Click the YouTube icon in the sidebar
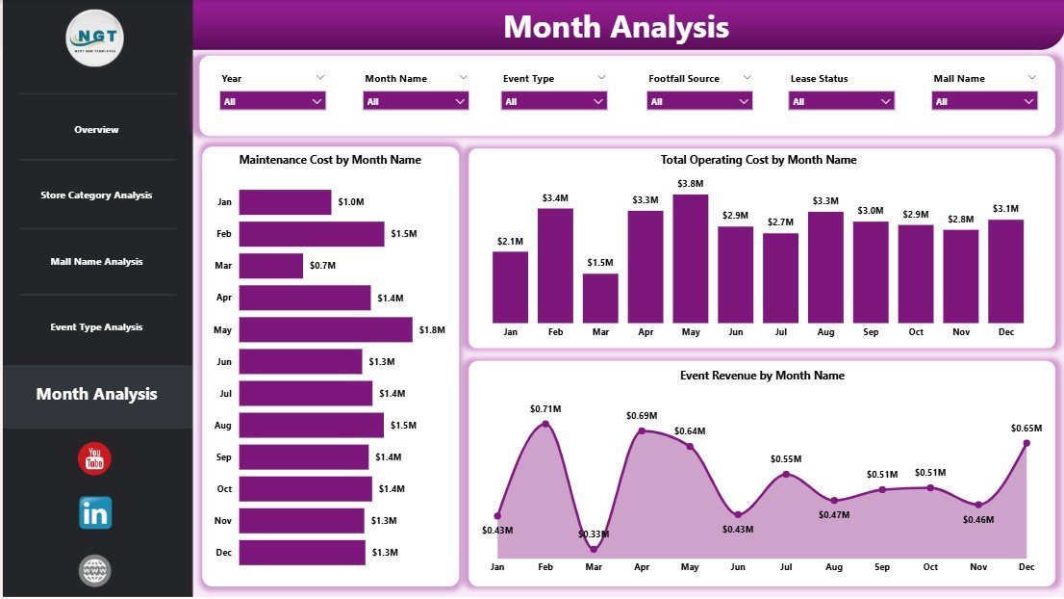point(94,459)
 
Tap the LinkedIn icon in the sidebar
point(95,513)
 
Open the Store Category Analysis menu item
point(96,195)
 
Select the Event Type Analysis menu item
point(96,327)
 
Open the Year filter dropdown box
point(272,101)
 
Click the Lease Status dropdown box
point(842,101)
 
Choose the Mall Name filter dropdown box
point(984,101)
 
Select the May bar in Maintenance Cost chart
point(325,329)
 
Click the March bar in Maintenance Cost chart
point(270,266)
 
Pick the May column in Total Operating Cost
point(691,258)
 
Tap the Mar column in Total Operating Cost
point(600,298)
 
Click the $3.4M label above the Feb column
point(555,198)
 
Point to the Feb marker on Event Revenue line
point(545,424)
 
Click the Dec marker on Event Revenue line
point(1026,443)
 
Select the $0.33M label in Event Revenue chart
point(594,534)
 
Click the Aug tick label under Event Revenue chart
point(834,567)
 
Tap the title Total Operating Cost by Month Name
point(758,160)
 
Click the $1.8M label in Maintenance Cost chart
point(432,329)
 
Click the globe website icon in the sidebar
point(94,571)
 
